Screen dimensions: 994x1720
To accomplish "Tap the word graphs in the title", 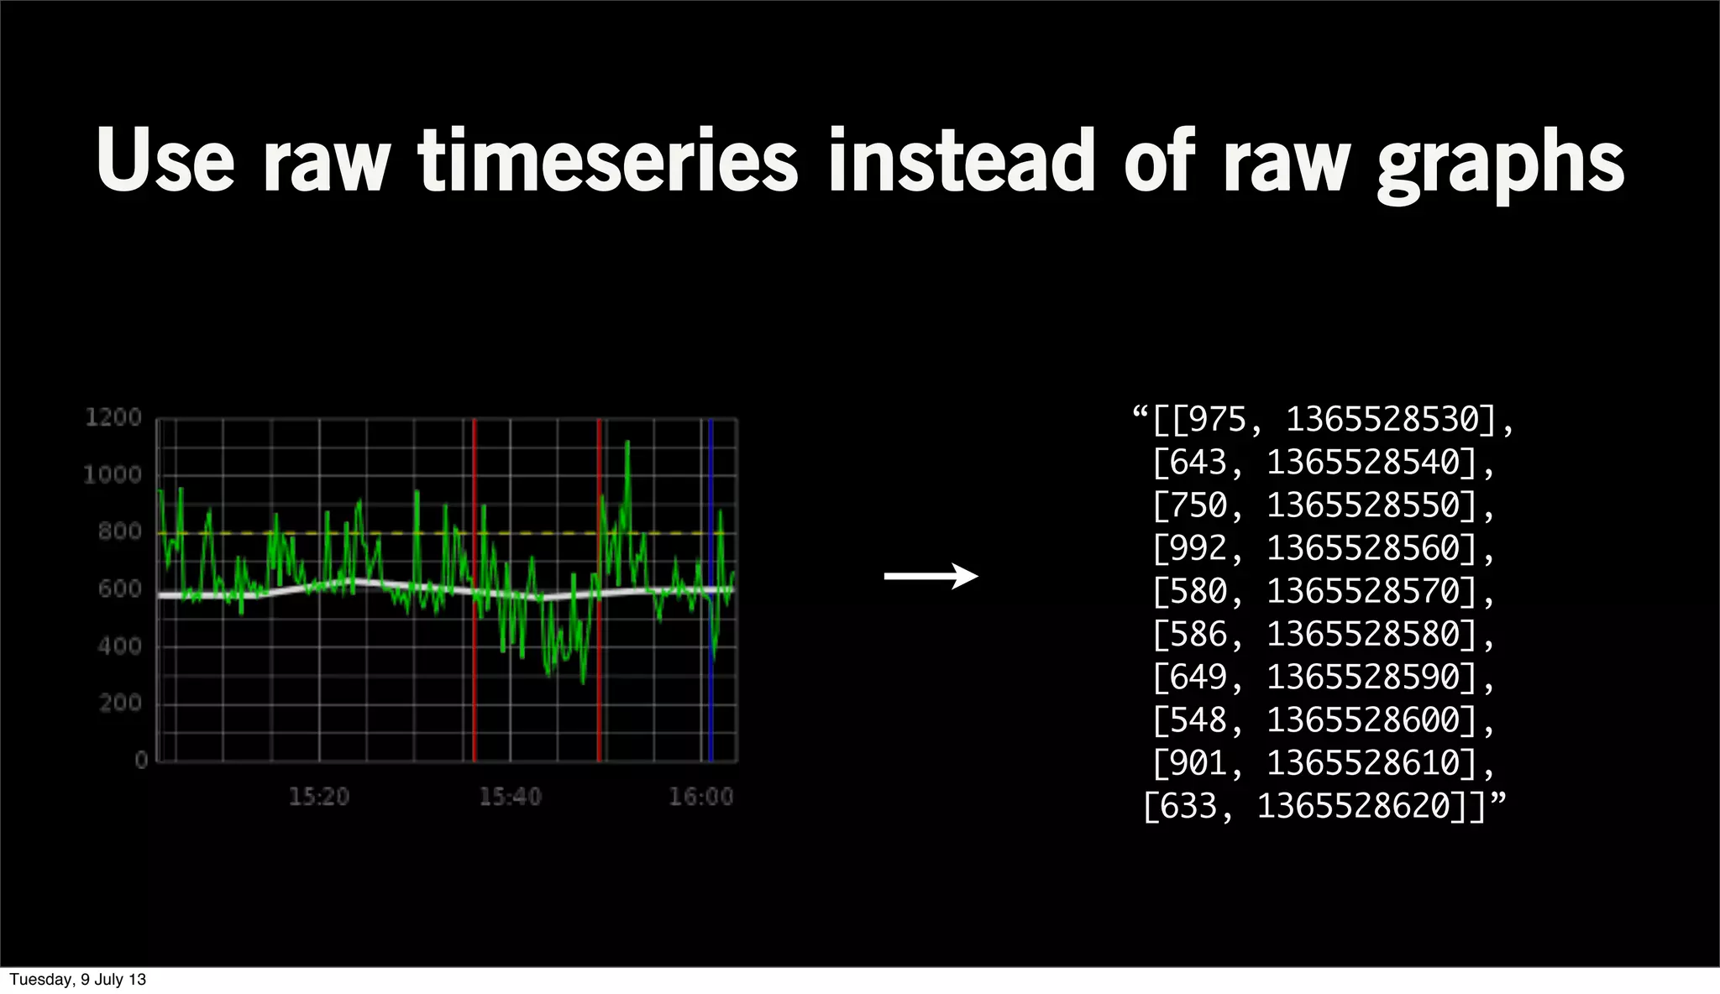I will (x=1500, y=164).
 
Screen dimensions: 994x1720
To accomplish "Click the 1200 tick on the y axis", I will (x=113, y=417).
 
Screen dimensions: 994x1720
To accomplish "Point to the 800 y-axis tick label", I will (x=119, y=531).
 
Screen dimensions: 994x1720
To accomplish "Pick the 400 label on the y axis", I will (x=119, y=646).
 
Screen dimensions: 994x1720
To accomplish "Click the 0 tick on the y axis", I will (x=141, y=760).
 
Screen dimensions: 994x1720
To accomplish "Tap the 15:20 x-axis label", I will (x=318, y=797).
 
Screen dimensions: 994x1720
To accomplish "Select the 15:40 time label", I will (x=510, y=797).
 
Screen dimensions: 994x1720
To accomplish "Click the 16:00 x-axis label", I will (x=700, y=797).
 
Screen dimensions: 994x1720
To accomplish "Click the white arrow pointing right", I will (x=931, y=576).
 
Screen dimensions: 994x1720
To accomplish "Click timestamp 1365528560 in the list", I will (x=1365, y=548).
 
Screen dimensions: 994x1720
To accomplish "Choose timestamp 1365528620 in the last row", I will (x=1355, y=806).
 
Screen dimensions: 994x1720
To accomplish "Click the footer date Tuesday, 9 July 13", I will (x=77, y=980).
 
